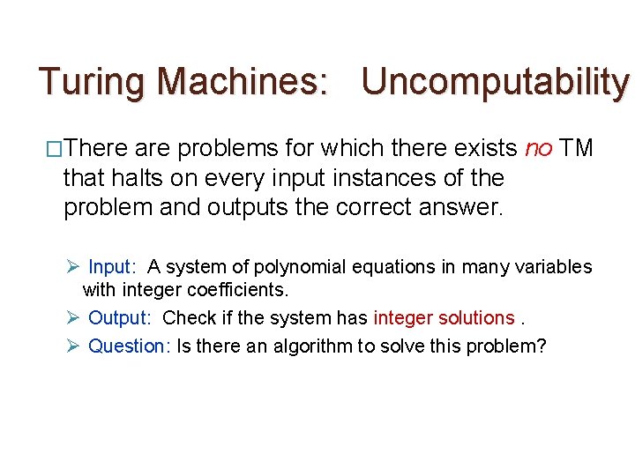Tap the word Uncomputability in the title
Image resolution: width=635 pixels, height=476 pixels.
(x=496, y=82)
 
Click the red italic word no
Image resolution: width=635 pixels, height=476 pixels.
(x=538, y=148)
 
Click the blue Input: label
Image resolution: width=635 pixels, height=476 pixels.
(x=112, y=267)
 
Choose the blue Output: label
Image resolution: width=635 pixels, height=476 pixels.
(x=119, y=317)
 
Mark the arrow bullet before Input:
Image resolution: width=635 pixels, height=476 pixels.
(x=73, y=267)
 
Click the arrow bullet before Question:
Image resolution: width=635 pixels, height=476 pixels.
(x=73, y=346)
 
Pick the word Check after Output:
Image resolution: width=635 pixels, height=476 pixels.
(x=187, y=317)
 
